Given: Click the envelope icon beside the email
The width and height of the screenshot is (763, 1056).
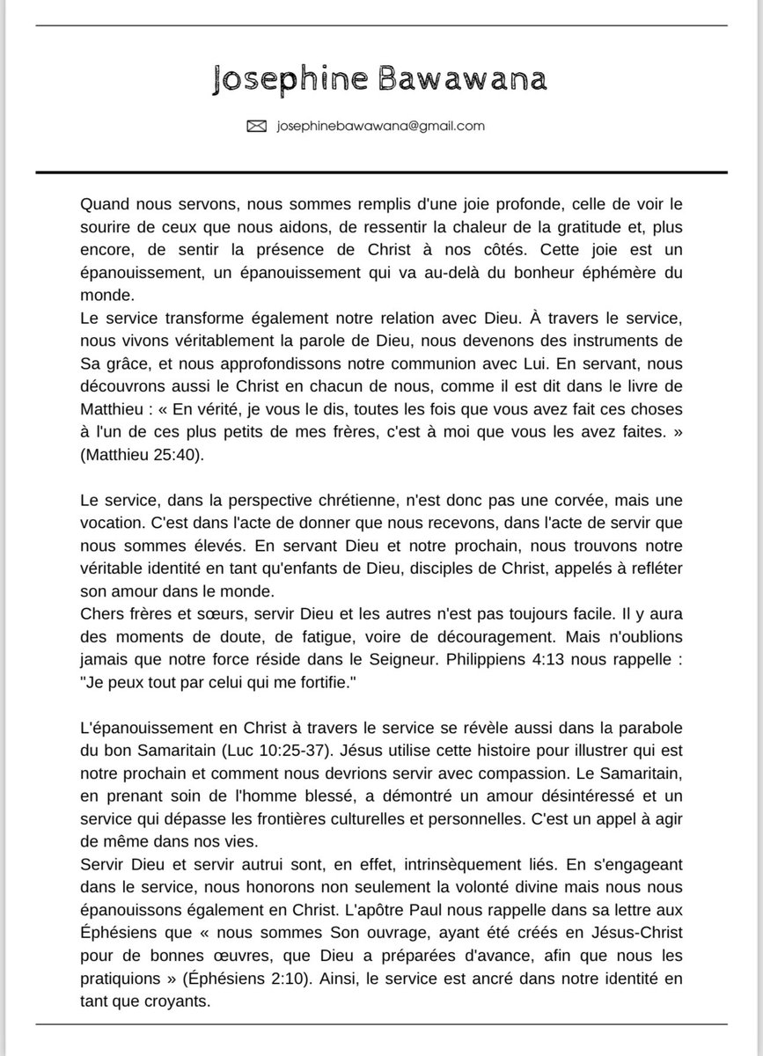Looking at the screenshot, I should click(256, 127).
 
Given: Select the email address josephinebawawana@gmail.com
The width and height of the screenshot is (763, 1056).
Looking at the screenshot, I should click(381, 126).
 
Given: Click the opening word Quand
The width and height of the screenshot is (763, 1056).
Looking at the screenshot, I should click(103, 204).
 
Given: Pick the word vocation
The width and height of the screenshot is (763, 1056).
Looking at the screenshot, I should click(108, 522).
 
